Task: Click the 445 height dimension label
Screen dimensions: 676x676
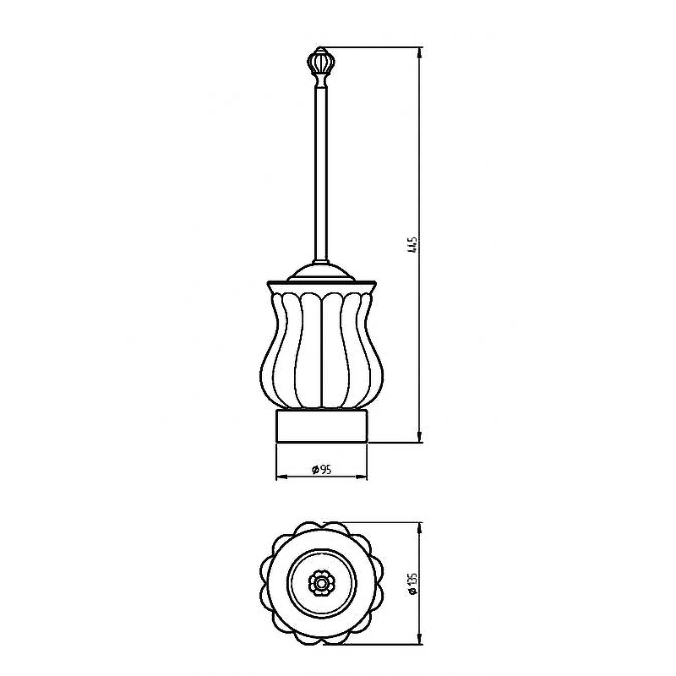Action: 412,244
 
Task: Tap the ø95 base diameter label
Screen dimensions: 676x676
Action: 322,470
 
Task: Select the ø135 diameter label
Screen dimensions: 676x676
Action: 412,584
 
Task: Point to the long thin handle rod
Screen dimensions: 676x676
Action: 321,172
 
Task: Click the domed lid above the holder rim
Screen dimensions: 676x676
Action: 321,272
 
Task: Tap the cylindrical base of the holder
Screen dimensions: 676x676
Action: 322,426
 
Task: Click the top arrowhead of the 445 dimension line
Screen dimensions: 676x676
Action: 419,52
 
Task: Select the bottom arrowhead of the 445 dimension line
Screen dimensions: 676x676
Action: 419,437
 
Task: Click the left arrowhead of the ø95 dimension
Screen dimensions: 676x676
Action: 281,477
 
